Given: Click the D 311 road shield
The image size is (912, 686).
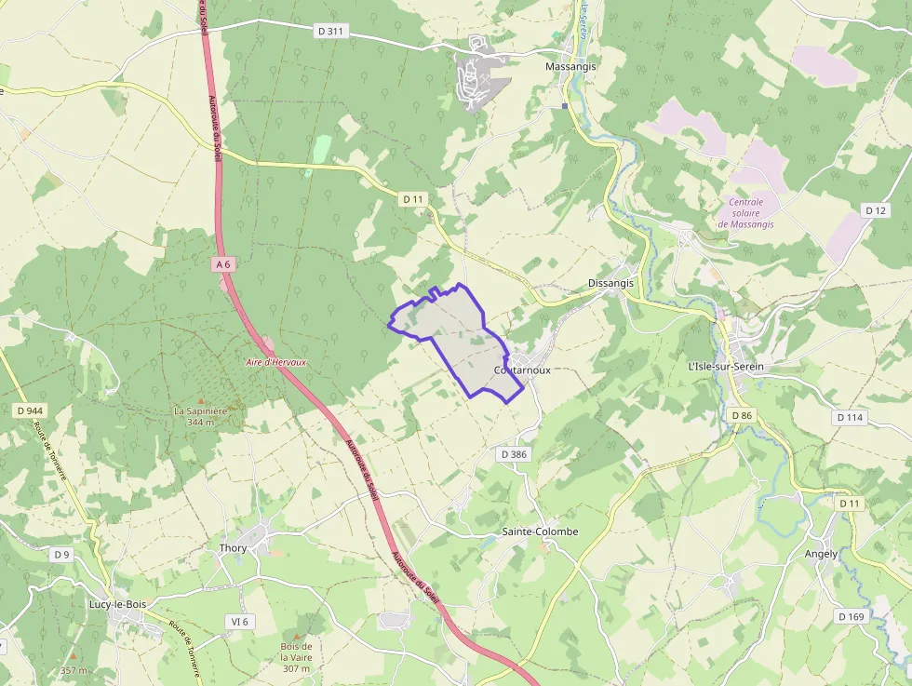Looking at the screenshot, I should coord(330,31).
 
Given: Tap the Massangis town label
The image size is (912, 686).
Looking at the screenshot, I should coord(570,67).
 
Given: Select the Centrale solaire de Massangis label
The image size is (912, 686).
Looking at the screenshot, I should coord(745,213).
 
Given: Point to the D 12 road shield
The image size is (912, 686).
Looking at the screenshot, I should coord(875,210).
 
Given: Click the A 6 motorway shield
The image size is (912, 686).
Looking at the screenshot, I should coord(222,264).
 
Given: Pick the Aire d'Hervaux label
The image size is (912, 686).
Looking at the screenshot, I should coord(275,362).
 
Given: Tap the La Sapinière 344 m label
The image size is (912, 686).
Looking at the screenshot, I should coord(200,416).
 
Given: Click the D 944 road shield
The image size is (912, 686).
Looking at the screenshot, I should coord(30,410).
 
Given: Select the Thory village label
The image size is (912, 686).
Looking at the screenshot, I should coord(233,548).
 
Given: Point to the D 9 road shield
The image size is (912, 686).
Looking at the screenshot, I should coord(61,555).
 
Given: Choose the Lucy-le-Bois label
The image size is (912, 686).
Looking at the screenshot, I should coord(117,604).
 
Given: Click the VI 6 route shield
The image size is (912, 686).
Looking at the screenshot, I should coord(240,621).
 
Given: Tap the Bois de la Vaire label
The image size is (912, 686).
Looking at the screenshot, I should coord(296,656).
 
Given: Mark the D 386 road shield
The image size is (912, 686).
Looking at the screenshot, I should coord(514,454).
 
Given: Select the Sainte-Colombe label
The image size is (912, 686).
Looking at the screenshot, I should coord(540,531).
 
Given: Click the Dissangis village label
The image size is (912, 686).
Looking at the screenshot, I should coord(610,283).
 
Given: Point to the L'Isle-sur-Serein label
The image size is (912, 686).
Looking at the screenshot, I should coord(725,367).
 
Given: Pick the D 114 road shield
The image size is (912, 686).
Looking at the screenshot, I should coord(850,417).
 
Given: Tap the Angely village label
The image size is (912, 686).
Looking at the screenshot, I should coord(821,553).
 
